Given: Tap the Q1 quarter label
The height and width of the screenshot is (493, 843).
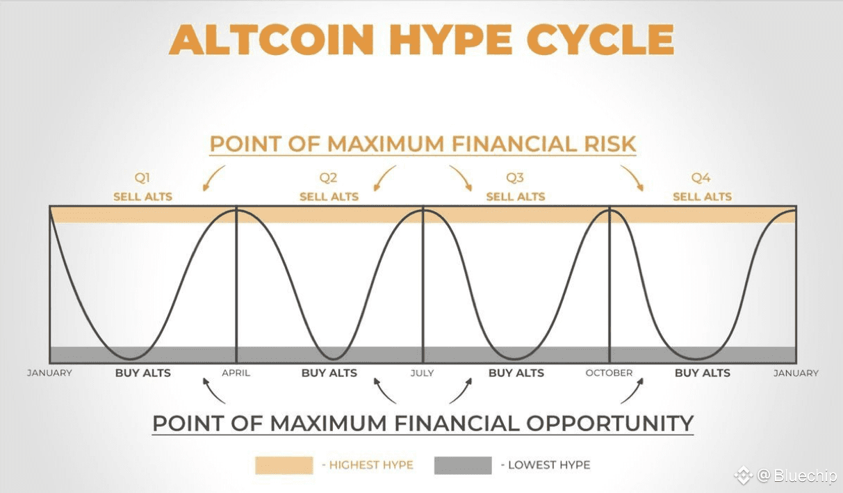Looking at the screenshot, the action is pos(142,177).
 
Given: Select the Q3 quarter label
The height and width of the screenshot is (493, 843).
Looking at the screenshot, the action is pos(515,177).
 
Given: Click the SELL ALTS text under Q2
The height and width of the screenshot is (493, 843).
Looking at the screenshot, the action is pos(329,197).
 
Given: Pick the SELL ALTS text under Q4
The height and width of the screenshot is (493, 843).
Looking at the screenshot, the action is pos(702,197).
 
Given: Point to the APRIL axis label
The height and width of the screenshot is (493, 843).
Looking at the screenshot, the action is pos(236,373).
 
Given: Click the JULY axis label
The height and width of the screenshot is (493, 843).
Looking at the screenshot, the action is pos(423,373).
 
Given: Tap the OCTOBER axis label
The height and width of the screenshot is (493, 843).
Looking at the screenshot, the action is pos(609,373).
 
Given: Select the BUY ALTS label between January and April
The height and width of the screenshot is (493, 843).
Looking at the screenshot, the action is pos(143,373).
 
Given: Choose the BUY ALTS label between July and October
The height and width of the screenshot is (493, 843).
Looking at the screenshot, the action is pos(516,373).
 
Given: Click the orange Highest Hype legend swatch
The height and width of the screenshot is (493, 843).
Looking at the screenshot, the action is pos(284,465).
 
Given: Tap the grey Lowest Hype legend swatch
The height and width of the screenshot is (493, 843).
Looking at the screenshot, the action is pos(463,465).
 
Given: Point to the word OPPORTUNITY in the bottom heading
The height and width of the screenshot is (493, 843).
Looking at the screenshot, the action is pos(609,423).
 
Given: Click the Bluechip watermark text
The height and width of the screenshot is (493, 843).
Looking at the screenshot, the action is pos(805,476).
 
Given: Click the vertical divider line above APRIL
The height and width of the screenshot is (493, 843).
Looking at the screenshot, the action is pos(236,284).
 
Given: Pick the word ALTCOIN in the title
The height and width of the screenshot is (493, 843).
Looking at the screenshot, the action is pos(272,40).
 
